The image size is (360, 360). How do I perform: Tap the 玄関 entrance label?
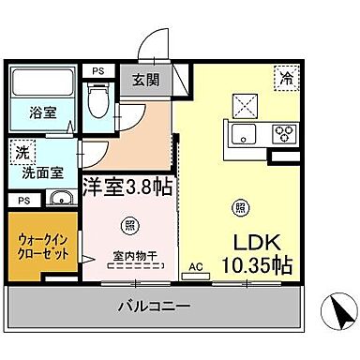point(144,79)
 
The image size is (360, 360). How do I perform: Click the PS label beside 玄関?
point(97,69)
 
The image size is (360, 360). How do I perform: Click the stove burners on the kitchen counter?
point(285,132)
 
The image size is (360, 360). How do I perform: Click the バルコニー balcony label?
point(154,306)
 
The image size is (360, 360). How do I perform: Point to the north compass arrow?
point(335,309)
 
